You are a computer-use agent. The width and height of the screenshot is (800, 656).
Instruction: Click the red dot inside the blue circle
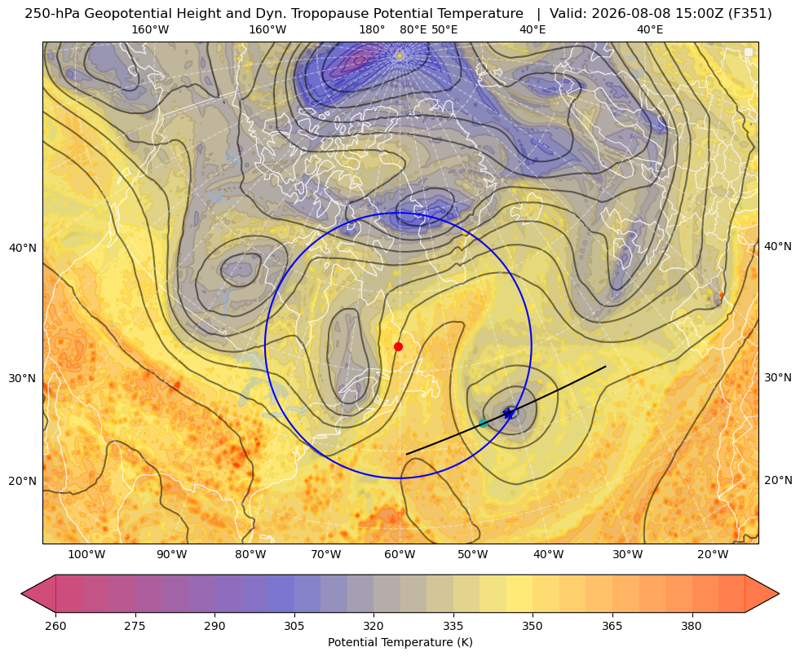pos(399,347)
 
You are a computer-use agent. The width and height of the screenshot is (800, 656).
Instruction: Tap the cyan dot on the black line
pos(483,423)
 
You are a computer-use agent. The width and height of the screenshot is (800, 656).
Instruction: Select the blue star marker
pos(509,413)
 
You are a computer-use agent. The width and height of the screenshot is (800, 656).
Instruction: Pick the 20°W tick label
pos(713,555)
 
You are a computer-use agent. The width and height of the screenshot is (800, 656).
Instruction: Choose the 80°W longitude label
pos(250,555)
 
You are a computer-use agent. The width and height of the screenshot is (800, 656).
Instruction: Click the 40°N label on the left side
pos(23,249)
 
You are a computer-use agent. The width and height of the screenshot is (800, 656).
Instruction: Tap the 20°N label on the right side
pos(778,480)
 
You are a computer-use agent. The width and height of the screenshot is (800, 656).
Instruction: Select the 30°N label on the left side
pos(23,379)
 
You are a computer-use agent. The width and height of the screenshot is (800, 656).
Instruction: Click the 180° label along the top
pos(372,30)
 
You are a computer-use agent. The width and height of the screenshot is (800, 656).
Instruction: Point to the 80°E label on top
pos(413,30)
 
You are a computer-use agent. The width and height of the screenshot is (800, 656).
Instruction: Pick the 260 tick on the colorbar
pos(55,626)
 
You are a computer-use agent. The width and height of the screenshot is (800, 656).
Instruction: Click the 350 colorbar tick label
pos(533,626)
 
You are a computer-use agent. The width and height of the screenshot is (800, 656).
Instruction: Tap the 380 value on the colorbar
pos(692,626)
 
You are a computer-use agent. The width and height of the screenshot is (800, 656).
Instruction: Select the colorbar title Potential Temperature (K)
pos(400,642)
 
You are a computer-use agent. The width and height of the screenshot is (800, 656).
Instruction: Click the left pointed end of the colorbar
pos(22,593)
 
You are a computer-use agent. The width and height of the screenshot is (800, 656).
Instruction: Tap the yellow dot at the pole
pos(400,55)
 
